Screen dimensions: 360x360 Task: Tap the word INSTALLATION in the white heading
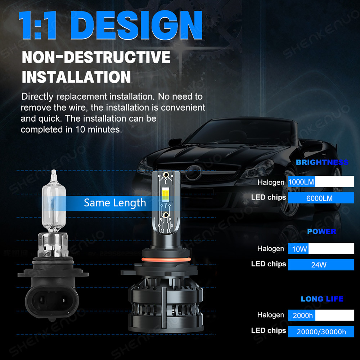(76, 77)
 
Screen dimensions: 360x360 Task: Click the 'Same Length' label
(115, 203)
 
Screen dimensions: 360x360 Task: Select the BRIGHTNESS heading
(322, 162)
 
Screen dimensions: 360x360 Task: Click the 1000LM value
(301, 182)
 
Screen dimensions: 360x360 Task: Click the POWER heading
(321, 231)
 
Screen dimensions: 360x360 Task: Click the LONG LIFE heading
(322, 299)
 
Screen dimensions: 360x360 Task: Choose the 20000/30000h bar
(321, 332)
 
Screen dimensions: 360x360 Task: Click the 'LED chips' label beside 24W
(269, 264)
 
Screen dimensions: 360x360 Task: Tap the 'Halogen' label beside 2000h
(270, 315)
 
